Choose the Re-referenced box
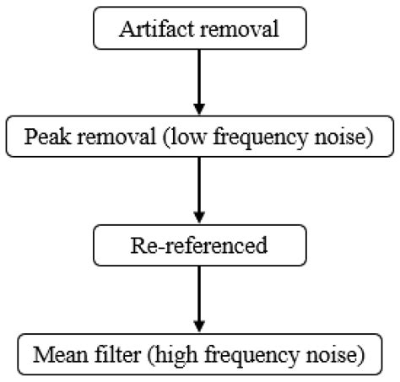click(x=199, y=245)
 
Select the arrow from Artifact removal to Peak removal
click(x=199, y=80)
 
